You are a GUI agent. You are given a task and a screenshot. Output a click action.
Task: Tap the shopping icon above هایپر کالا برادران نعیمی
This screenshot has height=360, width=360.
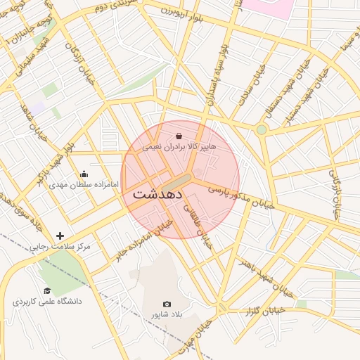[x=178, y=136]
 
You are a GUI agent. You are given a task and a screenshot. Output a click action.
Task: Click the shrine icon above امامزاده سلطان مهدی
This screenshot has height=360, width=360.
[x=84, y=174]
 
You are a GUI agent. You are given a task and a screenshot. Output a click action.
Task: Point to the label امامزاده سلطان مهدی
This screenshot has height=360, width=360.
[x=84, y=186]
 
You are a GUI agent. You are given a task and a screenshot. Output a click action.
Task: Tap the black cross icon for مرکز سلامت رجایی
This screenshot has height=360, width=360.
[x=60, y=236]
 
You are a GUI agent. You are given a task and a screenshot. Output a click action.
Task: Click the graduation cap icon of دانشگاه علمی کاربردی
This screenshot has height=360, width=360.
[x=47, y=290]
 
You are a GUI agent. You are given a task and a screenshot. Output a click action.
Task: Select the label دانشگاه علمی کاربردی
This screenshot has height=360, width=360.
[x=47, y=302]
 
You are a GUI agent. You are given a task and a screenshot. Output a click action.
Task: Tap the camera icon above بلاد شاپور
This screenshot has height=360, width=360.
[x=167, y=304]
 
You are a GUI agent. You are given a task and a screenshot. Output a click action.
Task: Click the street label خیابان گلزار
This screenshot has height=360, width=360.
[x=264, y=309]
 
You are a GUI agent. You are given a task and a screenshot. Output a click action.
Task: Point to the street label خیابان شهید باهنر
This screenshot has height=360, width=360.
[x=264, y=269]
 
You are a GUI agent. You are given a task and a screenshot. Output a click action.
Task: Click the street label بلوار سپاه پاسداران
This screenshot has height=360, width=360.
[x=216, y=75]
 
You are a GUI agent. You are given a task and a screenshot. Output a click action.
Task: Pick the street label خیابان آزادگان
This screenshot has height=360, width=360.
[x=75, y=60]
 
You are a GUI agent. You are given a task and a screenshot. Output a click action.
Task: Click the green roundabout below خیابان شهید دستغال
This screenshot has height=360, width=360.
[x=262, y=129]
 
